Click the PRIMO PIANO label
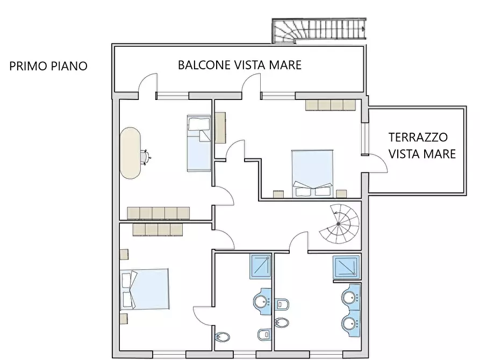[x=48, y=66]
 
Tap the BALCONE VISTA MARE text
[x=240, y=65]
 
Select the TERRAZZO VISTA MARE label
[x=422, y=146]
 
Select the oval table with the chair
[x=131, y=153]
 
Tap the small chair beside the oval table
[x=146, y=156]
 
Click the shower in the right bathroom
[x=345, y=267]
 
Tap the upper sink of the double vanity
[x=350, y=297]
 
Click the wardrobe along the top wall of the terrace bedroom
[x=331, y=105]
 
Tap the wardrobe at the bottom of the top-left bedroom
[x=159, y=213]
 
